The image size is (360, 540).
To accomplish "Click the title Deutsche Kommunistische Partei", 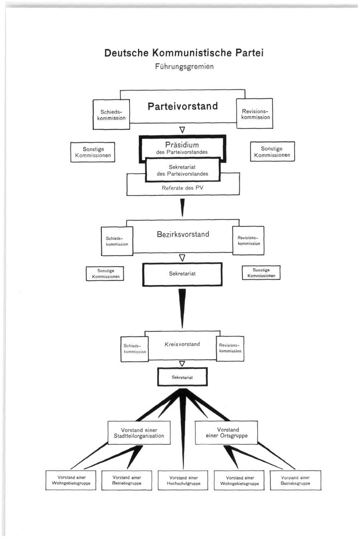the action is [184, 53].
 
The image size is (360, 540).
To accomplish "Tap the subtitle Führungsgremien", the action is [184, 66].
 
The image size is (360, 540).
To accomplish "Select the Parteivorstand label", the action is [183, 106].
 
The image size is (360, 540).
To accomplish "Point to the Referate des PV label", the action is [182, 188].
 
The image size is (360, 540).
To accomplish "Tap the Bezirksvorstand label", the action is [183, 234].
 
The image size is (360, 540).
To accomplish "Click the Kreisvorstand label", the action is [182, 344].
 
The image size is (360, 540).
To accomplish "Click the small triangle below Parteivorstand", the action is [182, 130].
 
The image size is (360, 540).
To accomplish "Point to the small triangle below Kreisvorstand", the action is [182, 363].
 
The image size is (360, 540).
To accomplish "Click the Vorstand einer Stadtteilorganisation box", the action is [139, 433].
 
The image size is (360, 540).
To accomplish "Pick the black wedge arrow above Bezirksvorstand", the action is [182, 208].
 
